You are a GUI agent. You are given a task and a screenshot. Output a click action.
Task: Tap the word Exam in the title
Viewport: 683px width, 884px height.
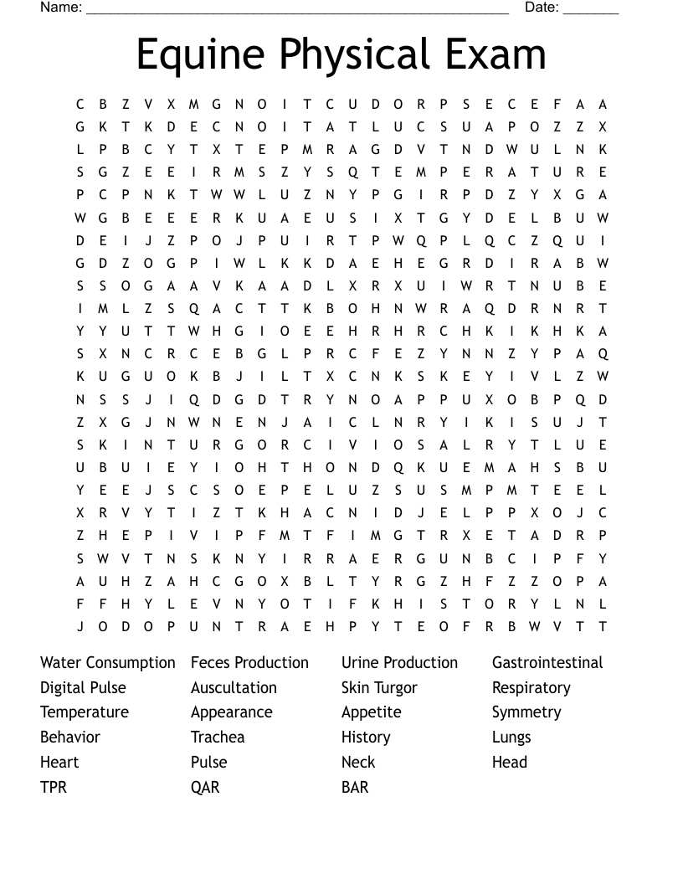(497, 55)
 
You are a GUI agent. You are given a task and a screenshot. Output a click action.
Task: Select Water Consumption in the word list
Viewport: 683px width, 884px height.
(108, 663)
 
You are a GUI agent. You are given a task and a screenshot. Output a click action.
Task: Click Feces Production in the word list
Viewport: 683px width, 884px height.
(249, 663)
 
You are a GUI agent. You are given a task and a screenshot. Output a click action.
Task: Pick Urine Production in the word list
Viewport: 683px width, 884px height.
(399, 663)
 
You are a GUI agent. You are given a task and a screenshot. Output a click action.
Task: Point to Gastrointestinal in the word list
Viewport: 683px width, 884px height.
(547, 663)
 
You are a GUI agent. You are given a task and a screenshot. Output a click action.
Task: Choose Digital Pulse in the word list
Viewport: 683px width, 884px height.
(83, 688)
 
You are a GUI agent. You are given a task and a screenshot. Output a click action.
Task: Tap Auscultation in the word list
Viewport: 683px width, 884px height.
(234, 688)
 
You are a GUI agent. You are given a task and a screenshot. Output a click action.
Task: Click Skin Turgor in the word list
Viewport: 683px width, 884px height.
(379, 688)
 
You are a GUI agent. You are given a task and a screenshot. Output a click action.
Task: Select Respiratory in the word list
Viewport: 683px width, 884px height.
(531, 688)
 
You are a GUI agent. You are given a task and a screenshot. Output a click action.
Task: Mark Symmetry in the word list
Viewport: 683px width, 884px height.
(526, 712)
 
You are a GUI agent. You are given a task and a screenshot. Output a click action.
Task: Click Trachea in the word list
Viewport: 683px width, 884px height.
(218, 738)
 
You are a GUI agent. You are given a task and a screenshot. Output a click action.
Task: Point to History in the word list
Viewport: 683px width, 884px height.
(366, 738)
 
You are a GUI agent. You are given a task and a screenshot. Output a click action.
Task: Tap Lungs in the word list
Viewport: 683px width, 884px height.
(511, 738)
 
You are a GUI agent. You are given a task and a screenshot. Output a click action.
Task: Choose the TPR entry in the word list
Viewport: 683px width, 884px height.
(54, 787)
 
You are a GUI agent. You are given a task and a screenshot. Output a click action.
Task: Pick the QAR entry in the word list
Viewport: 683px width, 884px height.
(205, 787)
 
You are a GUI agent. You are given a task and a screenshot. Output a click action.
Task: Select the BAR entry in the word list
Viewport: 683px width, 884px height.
(355, 787)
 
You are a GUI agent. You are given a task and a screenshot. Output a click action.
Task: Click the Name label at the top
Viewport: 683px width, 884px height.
(61, 8)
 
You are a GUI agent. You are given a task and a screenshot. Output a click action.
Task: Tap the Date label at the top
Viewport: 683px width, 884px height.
(542, 8)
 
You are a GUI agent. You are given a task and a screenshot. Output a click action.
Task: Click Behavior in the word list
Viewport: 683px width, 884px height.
(70, 738)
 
